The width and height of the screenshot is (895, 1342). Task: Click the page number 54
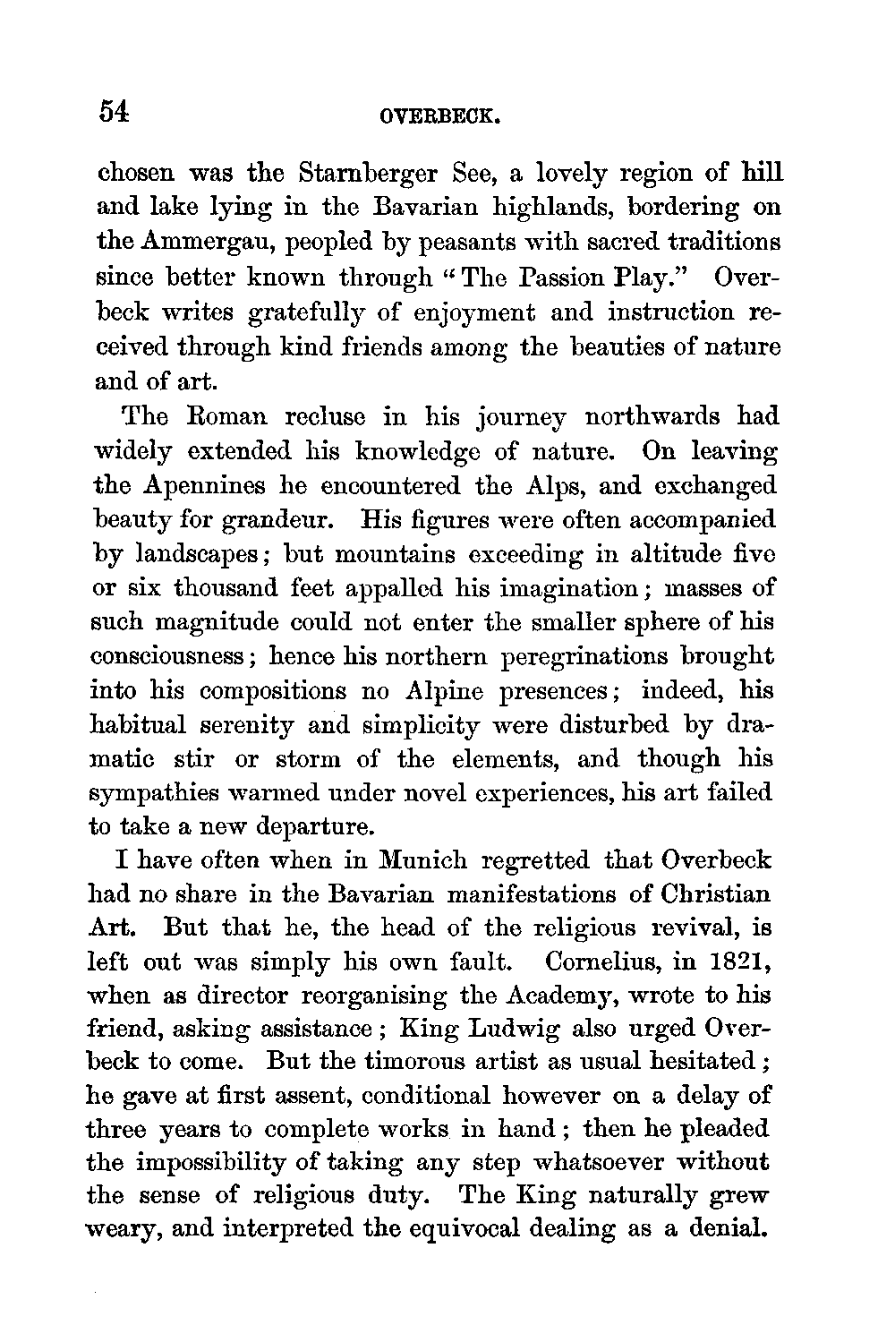pyautogui.click(x=115, y=111)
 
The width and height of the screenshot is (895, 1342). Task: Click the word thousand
pyautogui.click(x=238, y=589)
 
